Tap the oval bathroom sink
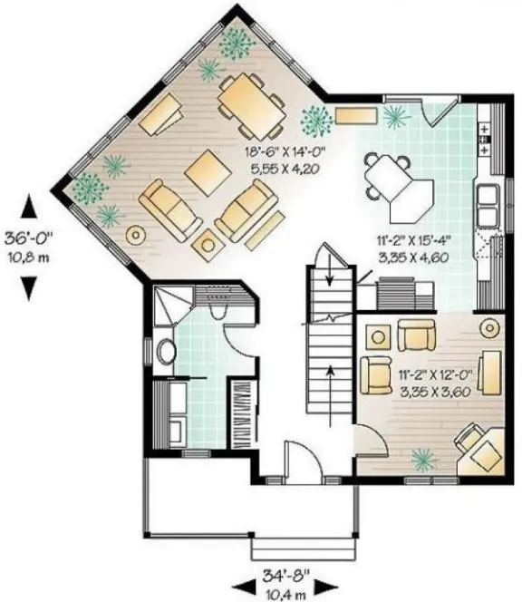point(166,352)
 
